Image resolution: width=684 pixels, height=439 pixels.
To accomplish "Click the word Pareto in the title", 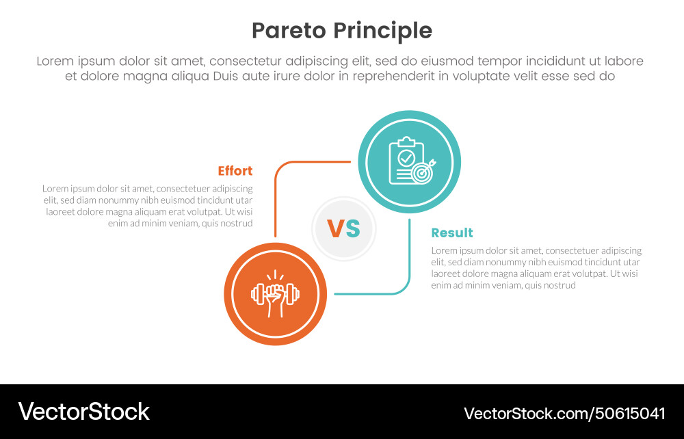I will click(x=289, y=31).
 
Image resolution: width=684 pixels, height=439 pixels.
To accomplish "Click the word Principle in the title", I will click(x=383, y=31).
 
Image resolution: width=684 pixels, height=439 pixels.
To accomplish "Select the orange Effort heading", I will click(x=235, y=171).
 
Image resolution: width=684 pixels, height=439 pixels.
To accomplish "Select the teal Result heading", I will click(x=452, y=232).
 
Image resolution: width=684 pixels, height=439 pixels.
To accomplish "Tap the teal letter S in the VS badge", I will click(x=352, y=229).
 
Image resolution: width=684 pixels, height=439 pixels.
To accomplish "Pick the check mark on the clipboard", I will click(x=406, y=157).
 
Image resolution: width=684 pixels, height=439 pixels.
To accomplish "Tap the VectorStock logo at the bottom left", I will click(x=83, y=412).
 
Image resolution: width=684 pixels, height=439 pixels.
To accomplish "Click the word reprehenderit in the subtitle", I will click(x=389, y=76).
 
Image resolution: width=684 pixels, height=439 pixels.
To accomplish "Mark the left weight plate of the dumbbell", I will click(x=256, y=295).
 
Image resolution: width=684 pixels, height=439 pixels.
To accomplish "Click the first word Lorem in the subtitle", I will click(x=55, y=61).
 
